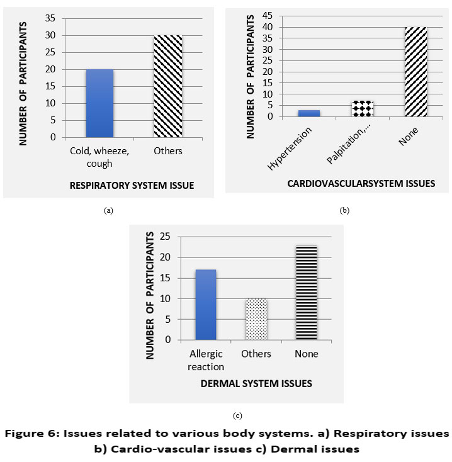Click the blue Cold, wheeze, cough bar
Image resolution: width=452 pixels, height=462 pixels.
[99, 103]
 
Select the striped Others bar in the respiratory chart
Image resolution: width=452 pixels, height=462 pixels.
[168, 86]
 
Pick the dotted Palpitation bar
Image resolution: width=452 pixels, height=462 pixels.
[362, 109]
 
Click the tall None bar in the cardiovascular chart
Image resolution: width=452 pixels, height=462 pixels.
[416, 72]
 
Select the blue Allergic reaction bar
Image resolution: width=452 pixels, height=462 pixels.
[205, 305]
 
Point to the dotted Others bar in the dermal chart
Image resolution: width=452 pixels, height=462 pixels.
[256, 319]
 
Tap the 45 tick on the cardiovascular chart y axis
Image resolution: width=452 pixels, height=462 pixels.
[268, 15]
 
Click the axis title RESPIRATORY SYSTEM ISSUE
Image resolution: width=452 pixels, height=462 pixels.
[131, 185]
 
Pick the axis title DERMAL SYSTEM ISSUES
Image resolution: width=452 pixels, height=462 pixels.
[256, 382]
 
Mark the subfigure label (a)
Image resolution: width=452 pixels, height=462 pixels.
[108, 210]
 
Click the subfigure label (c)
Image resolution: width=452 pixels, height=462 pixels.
[237, 415]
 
